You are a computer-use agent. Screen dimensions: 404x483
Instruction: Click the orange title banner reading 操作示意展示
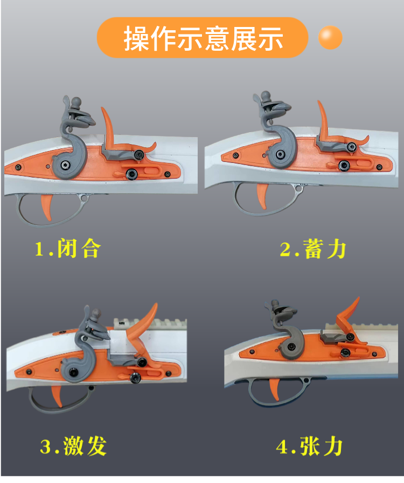(x=203, y=38)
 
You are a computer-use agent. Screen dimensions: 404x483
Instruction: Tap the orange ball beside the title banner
(x=330, y=37)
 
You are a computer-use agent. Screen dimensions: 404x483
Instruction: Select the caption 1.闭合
(x=68, y=248)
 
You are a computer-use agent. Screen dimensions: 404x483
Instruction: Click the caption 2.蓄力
(x=313, y=249)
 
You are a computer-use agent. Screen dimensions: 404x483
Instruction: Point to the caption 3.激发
(x=73, y=446)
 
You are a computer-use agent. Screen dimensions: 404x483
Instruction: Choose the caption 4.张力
(x=309, y=446)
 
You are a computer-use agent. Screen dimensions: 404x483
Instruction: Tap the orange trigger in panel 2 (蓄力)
(x=262, y=196)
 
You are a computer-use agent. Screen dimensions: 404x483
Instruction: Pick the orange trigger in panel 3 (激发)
(x=58, y=396)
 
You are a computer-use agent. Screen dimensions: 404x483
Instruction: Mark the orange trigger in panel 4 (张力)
(x=275, y=389)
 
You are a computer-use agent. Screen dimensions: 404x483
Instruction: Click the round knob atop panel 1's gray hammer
(x=76, y=102)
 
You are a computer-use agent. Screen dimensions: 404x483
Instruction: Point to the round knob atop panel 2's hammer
(x=266, y=96)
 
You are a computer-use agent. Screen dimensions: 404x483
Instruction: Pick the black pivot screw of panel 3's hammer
(x=74, y=372)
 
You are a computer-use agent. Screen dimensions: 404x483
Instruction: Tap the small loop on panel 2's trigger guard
(x=298, y=188)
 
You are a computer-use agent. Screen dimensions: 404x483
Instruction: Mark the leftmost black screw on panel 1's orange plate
(x=18, y=167)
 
